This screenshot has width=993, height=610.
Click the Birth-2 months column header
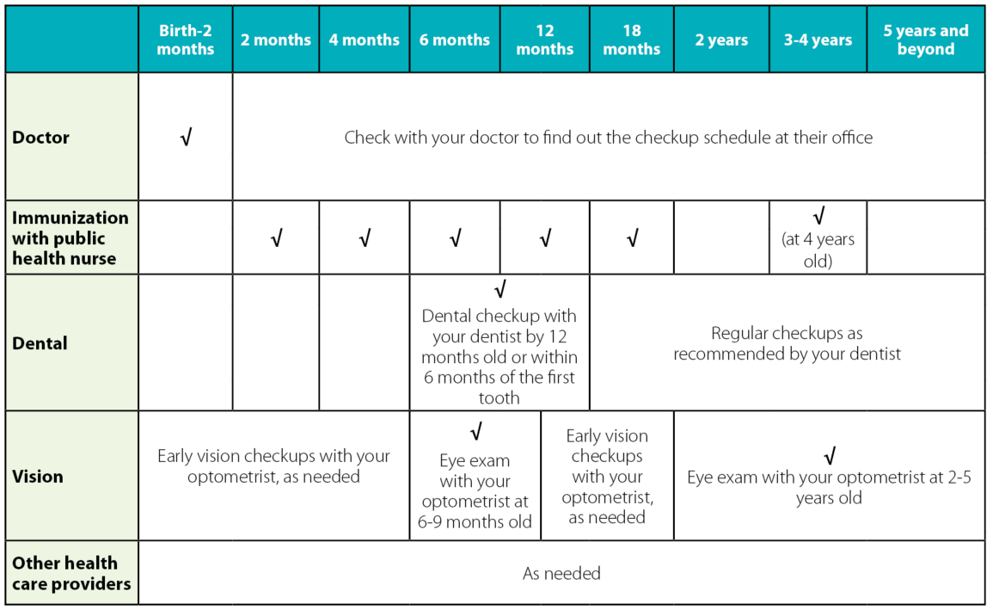(185, 40)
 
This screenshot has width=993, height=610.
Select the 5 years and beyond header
(925, 40)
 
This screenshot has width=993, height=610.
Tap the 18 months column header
(631, 40)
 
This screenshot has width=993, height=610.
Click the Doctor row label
(41, 137)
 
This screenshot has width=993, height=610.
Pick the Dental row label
(40, 343)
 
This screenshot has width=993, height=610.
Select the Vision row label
(38, 476)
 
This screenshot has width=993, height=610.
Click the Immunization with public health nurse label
(70, 237)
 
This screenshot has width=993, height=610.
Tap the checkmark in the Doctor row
(186, 138)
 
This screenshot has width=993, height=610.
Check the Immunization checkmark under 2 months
(276, 238)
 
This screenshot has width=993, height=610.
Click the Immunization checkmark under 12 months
(545, 238)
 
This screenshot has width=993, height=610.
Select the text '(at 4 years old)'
(818, 250)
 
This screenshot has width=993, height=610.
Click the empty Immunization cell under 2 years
(721, 237)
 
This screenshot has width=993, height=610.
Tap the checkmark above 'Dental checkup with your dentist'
(500, 289)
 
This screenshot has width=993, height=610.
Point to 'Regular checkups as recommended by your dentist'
(787, 343)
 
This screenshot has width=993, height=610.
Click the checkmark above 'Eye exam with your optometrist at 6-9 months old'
(476, 431)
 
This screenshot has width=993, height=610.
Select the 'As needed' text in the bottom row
(561, 573)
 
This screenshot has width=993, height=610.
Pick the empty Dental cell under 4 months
(365, 342)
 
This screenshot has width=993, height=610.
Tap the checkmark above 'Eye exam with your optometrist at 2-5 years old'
(830, 456)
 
